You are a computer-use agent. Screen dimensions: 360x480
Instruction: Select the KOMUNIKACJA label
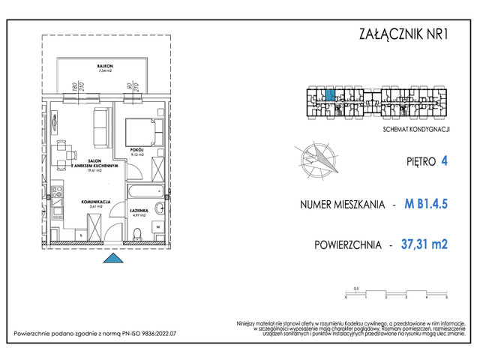[x=96, y=202]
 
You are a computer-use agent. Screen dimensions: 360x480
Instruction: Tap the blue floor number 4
[x=445, y=159]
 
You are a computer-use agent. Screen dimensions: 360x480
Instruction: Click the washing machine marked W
[x=157, y=226]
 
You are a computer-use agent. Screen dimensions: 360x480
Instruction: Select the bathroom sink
[x=158, y=208]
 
